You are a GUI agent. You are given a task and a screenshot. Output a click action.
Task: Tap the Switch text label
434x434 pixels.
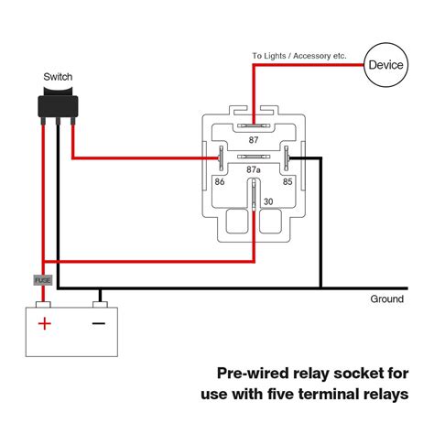click(x=58, y=77)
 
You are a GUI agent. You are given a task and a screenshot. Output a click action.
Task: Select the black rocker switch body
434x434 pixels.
click(x=58, y=103)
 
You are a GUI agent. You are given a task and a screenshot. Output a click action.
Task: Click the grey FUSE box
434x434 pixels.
click(x=43, y=280)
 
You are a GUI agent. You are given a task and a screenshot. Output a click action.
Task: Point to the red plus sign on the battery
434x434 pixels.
click(x=45, y=323)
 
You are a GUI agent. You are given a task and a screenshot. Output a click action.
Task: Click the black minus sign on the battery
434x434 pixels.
click(x=99, y=323)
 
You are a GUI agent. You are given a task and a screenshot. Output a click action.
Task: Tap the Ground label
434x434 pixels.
click(x=386, y=298)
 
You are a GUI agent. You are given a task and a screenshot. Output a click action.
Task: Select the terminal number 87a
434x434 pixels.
click(x=254, y=169)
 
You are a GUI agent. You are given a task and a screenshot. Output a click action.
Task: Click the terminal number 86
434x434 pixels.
click(x=220, y=182)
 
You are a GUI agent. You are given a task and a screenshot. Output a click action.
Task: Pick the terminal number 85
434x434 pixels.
click(x=288, y=182)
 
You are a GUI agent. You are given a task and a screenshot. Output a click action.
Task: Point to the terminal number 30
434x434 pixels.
click(x=268, y=201)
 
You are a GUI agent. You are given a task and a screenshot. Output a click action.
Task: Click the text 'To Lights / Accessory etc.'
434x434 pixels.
click(x=299, y=56)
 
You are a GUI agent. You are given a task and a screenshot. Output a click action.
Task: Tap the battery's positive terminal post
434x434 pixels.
click(x=43, y=304)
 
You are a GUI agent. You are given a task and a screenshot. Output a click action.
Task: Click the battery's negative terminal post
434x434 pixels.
click(x=100, y=304)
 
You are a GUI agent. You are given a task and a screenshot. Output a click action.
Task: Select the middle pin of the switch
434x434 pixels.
click(x=58, y=121)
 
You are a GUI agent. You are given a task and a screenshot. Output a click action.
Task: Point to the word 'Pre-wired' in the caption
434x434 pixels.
click(x=253, y=373)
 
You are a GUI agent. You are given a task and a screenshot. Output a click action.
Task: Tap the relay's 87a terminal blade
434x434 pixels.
click(x=254, y=157)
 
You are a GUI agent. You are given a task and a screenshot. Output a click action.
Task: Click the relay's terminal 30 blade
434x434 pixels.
click(x=254, y=195)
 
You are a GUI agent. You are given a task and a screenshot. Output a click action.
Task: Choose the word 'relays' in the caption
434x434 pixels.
click(x=386, y=394)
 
